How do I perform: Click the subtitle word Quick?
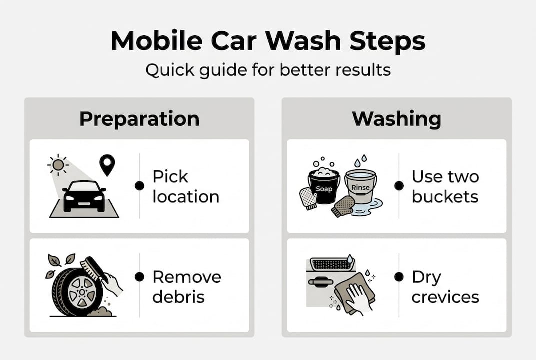(x=168, y=70)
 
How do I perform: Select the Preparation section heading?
(x=139, y=119)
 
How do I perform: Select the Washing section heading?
(x=397, y=119)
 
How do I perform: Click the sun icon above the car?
(x=58, y=165)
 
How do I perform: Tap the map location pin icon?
(x=107, y=165)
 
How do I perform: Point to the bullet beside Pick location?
(x=139, y=186)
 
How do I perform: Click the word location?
(x=186, y=197)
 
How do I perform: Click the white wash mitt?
(x=308, y=198)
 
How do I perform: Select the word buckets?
(x=445, y=197)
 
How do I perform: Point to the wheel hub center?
(x=82, y=292)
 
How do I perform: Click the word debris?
(x=178, y=297)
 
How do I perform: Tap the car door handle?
(x=321, y=282)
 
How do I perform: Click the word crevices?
(x=445, y=297)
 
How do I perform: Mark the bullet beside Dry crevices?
(x=399, y=277)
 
